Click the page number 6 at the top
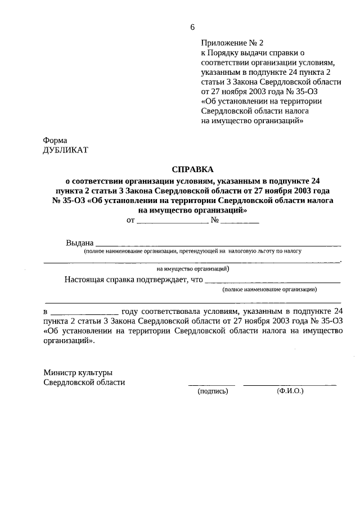193,27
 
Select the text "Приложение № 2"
232,43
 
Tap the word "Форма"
55,140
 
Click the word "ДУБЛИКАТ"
65,150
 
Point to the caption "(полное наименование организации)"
269,289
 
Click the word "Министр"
61,372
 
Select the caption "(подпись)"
213,391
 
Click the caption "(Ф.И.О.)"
290,391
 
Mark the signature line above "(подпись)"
211,384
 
